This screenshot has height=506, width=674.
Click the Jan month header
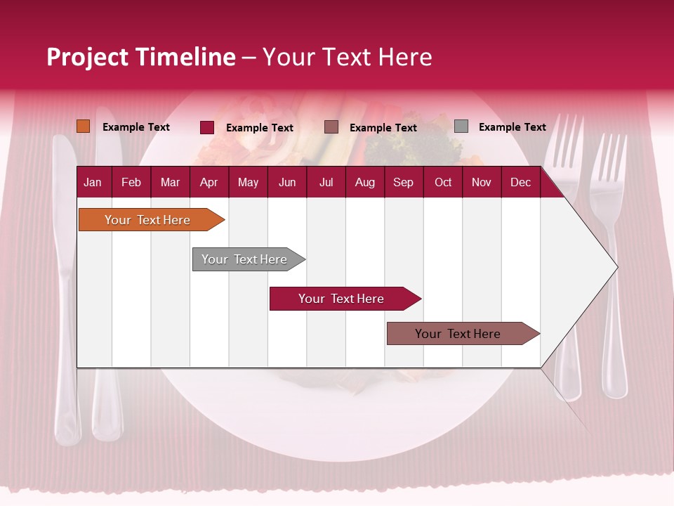(x=93, y=182)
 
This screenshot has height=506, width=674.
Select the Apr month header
(x=209, y=182)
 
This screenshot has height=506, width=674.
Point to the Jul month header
(x=326, y=182)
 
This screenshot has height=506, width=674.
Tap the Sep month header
(x=403, y=182)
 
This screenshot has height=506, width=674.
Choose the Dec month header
(x=520, y=182)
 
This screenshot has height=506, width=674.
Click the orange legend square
(x=84, y=126)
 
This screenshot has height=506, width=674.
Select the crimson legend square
(x=207, y=127)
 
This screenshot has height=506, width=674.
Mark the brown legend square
(x=331, y=127)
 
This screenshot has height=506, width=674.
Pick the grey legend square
(x=461, y=126)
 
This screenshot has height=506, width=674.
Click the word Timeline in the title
(x=185, y=57)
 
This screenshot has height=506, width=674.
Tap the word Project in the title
(x=88, y=57)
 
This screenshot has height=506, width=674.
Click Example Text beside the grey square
(x=512, y=127)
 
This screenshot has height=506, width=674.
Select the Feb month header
(x=131, y=182)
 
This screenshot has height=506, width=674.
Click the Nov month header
(x=481, y=182)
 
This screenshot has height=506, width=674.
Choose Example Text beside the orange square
(x=136, y=127)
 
